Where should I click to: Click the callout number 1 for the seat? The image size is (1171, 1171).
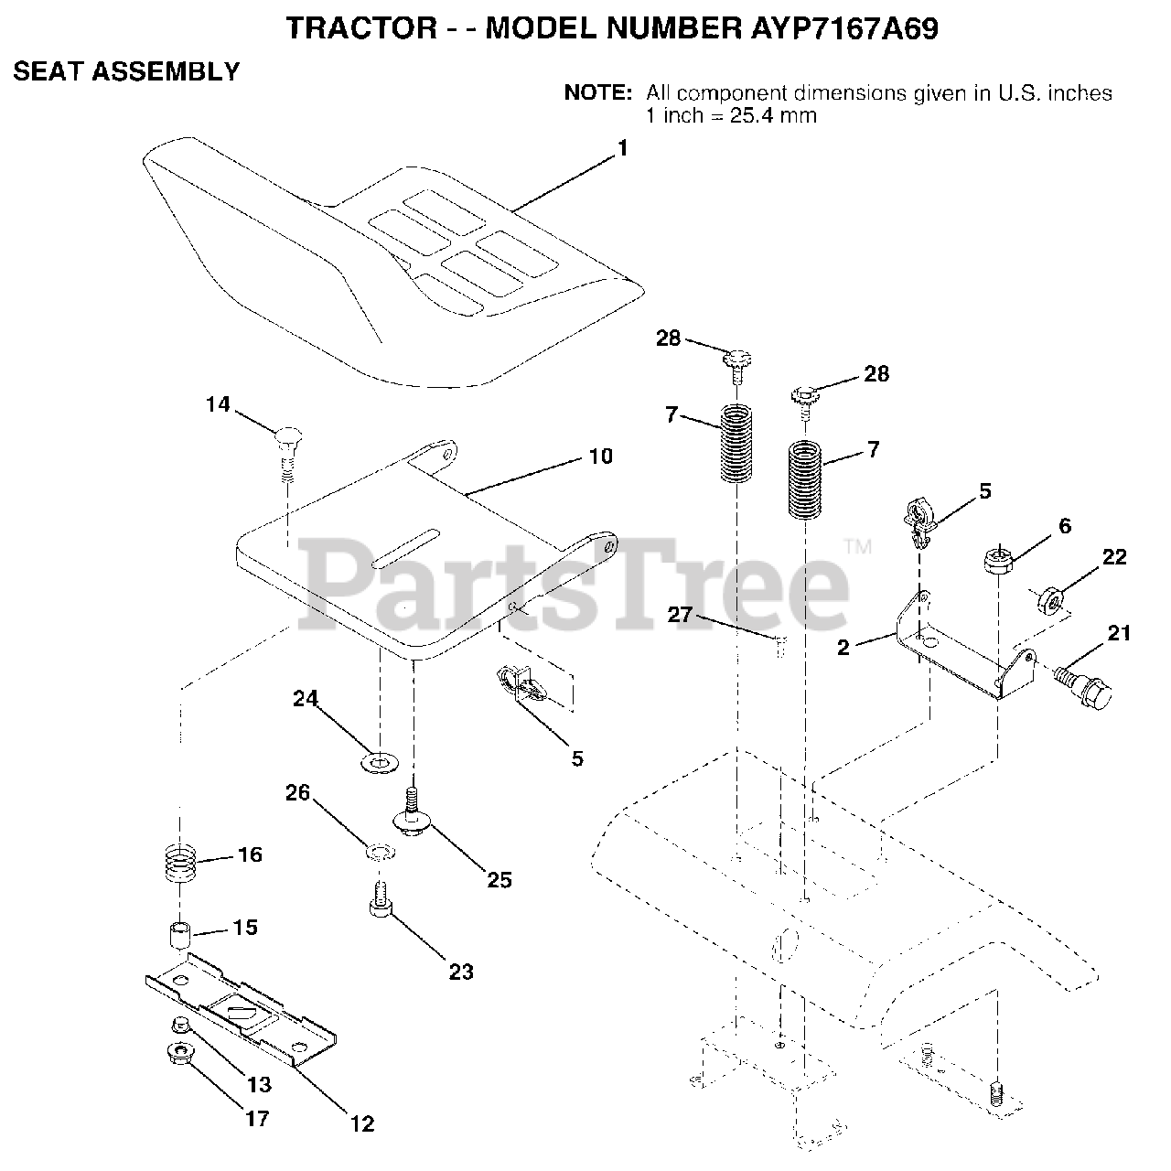coord(623,148)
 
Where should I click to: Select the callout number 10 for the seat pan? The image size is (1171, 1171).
coord(600,456)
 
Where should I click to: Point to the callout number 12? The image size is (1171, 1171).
coord(362,1123)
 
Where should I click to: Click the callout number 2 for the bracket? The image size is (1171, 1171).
coord(843,648)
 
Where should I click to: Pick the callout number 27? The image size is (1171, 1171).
coord(680,615)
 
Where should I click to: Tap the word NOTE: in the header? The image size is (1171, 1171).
coord(597,92)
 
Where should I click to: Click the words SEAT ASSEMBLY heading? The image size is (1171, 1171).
coord(126,71)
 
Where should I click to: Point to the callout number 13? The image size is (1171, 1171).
coord(259,1085)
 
